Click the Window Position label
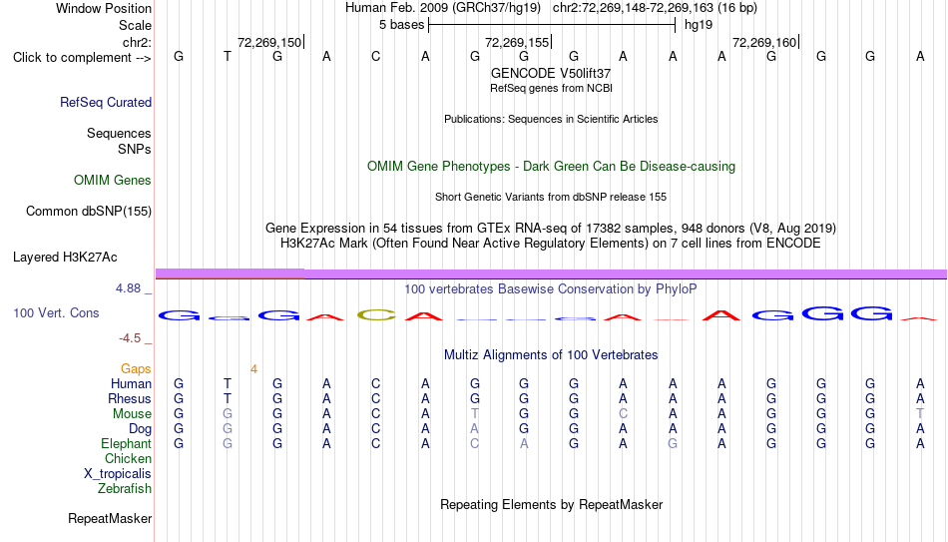[x=104, y=8]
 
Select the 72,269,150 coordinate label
[x=269, y=42]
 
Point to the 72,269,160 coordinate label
[x=764, y=42]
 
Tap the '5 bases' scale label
[x=401, y=25]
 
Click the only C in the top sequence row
[x=376, y=57]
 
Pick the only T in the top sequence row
[x=228, y=57]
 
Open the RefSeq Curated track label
[x=106, y=102]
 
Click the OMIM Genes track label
[x=113, y=181]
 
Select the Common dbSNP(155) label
[x=89, y=212]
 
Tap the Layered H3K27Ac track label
[x=65, y=258]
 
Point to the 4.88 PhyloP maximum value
[x=128, y=288]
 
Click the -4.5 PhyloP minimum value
[x=130, y=338]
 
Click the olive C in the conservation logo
[x=376, y=314]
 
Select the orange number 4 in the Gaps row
[x=253, y=369]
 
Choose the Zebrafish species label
[x=125, y=489]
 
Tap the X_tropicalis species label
[x=118, y=474]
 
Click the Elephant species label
[x=126, y=444]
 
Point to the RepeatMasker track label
[x=110, y=518]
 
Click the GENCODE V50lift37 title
[x=551, y=73]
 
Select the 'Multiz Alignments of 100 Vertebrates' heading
[x=551, y=355]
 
